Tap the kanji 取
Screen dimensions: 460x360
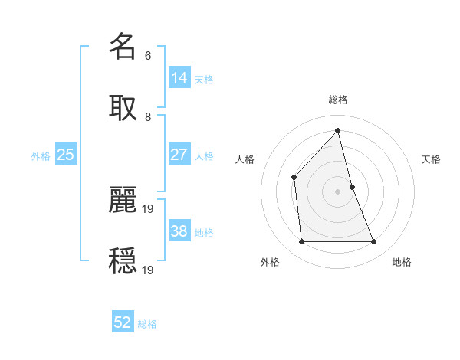pos(123,107)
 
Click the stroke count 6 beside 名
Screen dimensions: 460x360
pos(147,55)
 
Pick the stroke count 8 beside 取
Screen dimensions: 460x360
pos(147,116)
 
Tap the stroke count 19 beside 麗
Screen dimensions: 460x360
pos(149,208)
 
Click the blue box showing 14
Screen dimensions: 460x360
pos(179,77)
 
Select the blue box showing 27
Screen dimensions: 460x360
pos(179,154)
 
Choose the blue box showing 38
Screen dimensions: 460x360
pos(179,231)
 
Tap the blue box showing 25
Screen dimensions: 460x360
pos(65,154)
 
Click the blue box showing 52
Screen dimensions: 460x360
pos(123,322)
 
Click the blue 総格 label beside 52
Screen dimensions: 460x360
pos(147,324)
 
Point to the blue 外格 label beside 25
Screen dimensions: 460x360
pos(41,156)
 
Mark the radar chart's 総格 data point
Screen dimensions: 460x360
pos(337,130)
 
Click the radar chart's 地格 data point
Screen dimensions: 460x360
pos(374,242)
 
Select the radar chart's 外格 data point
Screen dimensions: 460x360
pos(301,242)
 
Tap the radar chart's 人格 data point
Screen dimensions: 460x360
pos(294,178)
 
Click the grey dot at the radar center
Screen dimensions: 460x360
pos(337,191)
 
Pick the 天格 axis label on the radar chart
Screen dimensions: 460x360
pos(432,159)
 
